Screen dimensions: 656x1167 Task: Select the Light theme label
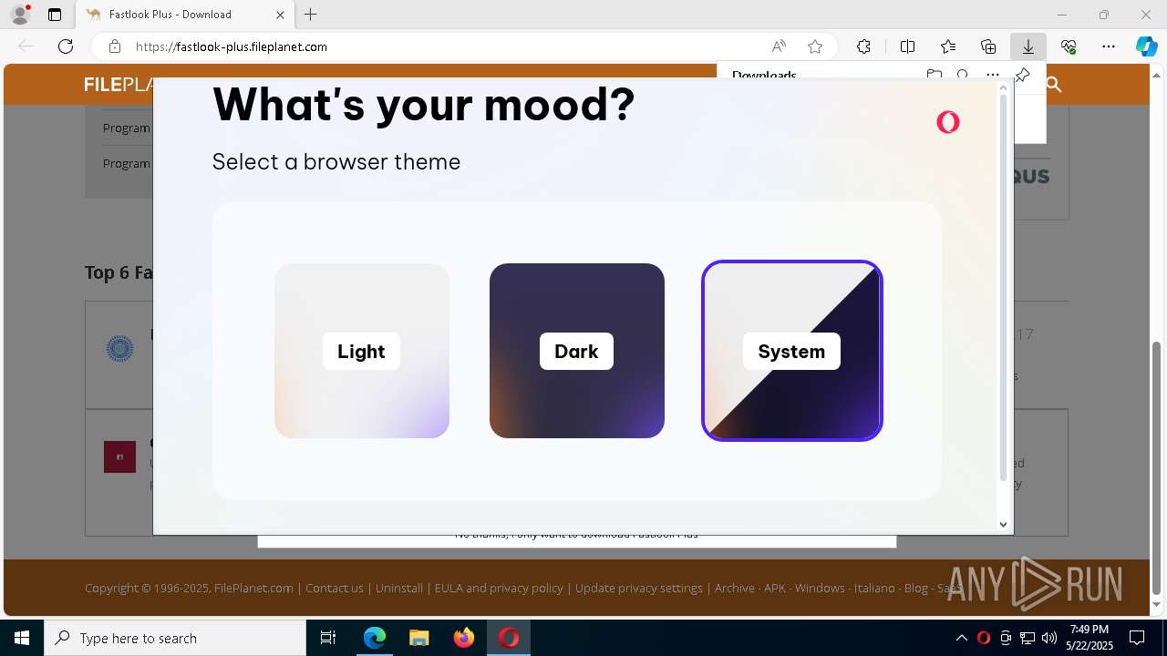(361, 352)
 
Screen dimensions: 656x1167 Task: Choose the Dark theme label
(576, 352)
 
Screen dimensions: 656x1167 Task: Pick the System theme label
(791, 352)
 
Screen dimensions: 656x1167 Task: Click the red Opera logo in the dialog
(948, 122)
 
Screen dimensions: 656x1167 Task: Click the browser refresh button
(66, 46)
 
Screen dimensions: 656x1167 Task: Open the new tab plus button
(311, 15)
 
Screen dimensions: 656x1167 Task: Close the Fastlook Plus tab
(281, 15)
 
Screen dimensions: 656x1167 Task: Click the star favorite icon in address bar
(815, 46)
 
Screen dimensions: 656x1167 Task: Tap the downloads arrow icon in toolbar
(1028, 46)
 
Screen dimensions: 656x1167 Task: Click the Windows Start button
(22, 638)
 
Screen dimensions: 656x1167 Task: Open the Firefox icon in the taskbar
(464, 638)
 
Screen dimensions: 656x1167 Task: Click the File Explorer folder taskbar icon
(418, 638)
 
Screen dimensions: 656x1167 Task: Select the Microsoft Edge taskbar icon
(375, 638)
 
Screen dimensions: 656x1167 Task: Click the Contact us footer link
(335, 589)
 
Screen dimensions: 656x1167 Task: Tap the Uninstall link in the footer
(399, 589)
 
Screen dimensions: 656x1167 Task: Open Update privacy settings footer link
(638, 589)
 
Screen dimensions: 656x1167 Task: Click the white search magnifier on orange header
(1054, 85)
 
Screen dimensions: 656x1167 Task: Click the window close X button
(1146, 15)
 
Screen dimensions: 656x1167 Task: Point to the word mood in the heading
(558, 105)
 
